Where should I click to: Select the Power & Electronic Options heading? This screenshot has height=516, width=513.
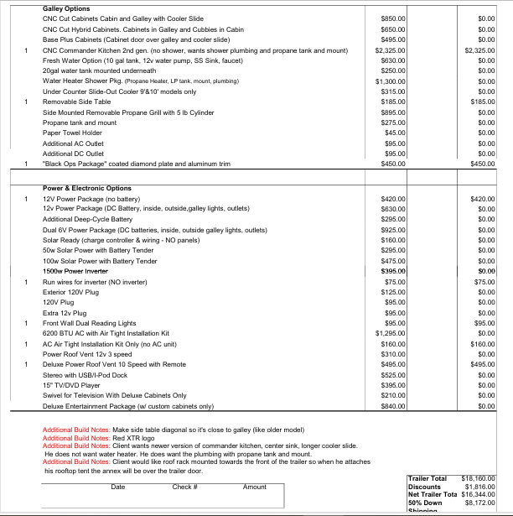[87, 189]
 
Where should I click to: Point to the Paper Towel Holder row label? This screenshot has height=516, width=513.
[72, 133]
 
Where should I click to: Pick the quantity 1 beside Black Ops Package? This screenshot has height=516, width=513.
[27, 164]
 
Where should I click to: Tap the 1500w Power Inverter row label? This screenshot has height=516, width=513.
[75, 271]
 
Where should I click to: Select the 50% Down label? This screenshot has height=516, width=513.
[425, 502]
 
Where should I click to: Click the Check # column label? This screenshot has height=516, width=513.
[184, 487]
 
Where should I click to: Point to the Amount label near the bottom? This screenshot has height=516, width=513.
[255, 487]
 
